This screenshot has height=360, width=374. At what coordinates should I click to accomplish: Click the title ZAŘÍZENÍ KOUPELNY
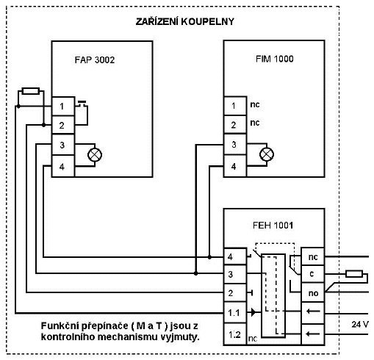point(185,21)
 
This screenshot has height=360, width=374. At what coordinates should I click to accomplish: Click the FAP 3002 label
point(95,60)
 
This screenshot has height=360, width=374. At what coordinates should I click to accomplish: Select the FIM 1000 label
point(275,59)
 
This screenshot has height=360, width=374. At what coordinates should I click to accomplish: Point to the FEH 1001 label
point(273,226)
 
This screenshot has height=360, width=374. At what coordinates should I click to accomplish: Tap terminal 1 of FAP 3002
point(63,107)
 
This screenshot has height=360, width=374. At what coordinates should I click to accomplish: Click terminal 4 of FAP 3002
point(63,166)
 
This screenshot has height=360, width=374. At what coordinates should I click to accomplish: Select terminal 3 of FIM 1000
point(235,145)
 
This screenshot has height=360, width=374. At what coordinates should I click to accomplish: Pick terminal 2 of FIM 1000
point(235,125)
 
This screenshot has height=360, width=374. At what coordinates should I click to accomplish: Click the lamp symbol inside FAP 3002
point(95,155)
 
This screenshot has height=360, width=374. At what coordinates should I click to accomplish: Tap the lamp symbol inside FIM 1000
point(267,154)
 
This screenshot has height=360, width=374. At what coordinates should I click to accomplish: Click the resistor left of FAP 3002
point(31,91)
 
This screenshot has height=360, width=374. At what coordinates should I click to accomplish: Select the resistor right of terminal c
point(354,274)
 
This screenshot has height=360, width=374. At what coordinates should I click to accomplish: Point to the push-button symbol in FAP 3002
point(82,104)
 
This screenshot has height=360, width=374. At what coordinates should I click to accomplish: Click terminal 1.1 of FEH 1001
point(235,313)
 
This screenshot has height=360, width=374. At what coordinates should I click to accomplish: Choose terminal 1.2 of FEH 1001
point(235,334)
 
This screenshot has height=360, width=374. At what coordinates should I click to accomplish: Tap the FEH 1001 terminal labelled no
point(312,293)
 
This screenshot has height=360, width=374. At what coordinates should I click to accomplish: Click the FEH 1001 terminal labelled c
point(312,274)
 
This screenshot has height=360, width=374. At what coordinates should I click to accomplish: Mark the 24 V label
point(360,325)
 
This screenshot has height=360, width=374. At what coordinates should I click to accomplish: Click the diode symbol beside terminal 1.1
point(253,312)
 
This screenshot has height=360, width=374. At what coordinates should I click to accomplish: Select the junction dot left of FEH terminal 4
point(209,257)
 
